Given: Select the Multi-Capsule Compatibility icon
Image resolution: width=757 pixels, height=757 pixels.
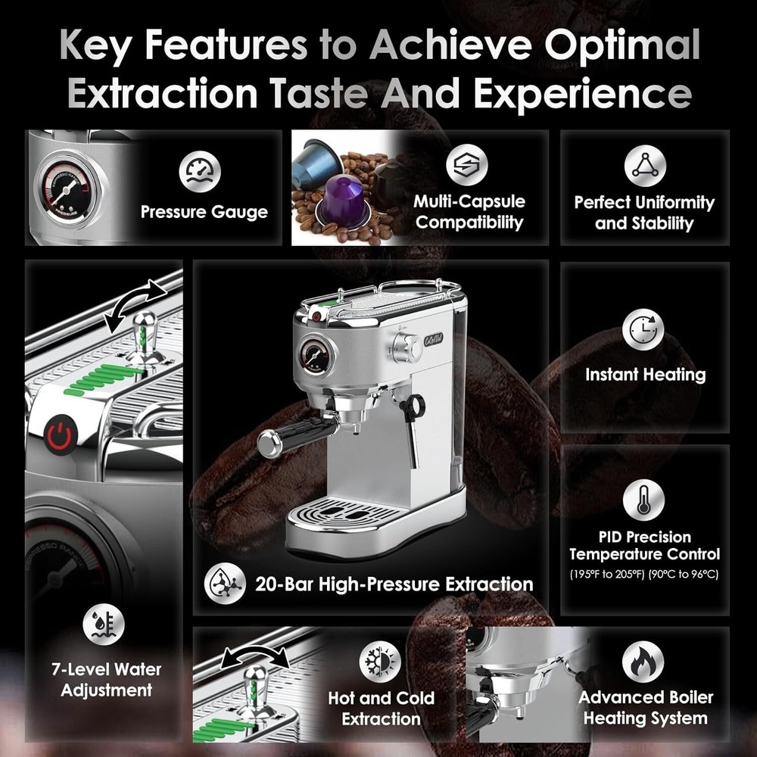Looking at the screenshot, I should coord(466,166).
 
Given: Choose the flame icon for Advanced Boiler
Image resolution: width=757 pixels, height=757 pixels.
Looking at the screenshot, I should coord(643,661).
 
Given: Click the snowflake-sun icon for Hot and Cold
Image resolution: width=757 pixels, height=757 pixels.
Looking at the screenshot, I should coord(380,661).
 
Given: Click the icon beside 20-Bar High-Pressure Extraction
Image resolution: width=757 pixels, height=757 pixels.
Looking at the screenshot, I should coord(226,584).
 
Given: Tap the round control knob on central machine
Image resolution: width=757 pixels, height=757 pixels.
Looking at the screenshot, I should coord(409,346).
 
